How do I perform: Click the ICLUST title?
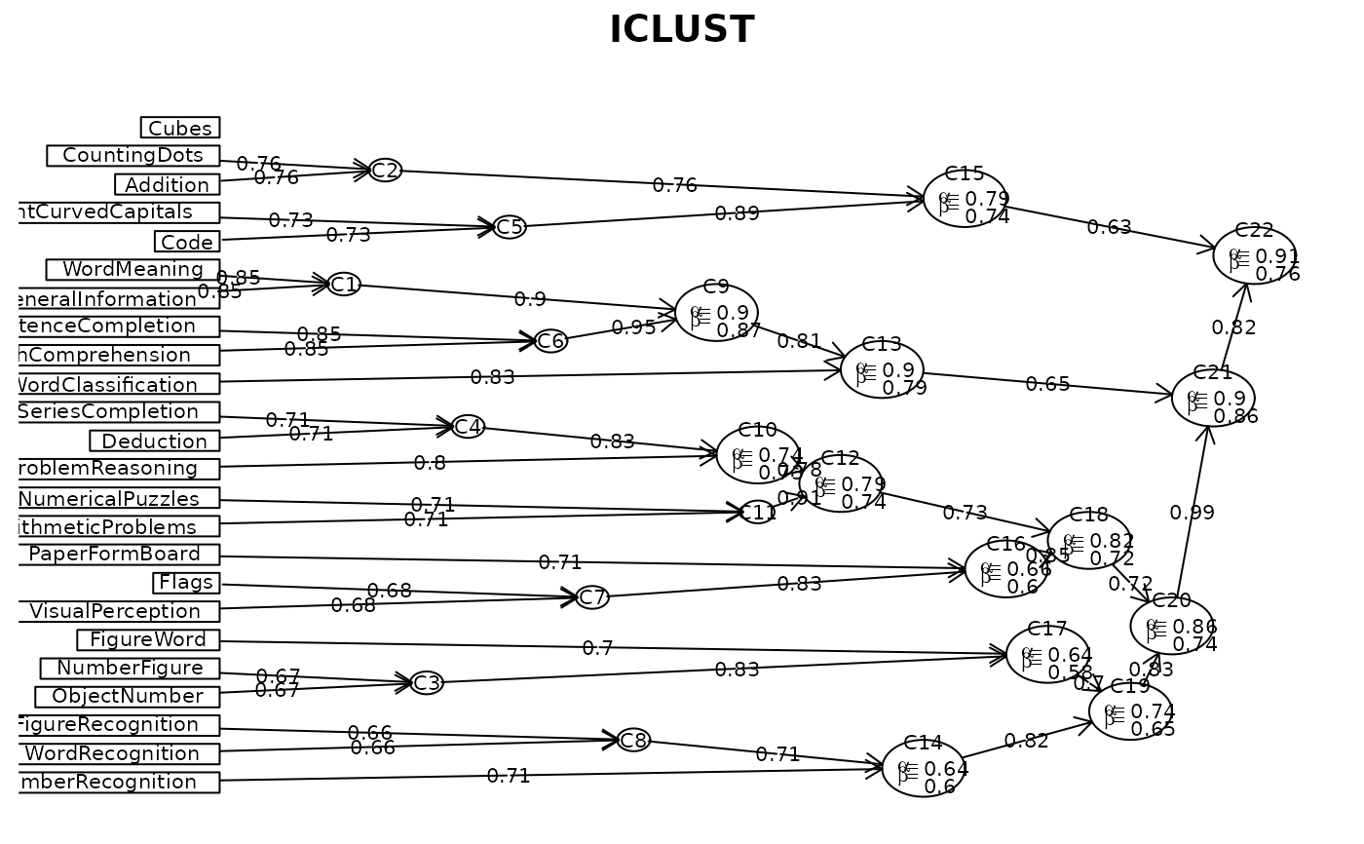coord(681,30)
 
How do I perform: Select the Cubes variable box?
coord(180,128)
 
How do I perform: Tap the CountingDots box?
coord(133,156)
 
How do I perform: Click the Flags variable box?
coord(186,583)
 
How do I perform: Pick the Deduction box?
coord(154,441)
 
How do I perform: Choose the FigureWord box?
coord(148,640)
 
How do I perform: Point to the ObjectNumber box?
coord(127,697)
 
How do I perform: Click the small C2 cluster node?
coord(385,171)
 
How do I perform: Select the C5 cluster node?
coord(510,227)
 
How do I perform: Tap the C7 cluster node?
coord(592,597)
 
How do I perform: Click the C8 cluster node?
coord(633,741)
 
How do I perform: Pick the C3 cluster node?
coord(427,683)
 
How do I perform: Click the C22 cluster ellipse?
coord(1254,255)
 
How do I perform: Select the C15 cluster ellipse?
coord(965,199)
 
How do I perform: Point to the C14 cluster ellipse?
coord(923,768)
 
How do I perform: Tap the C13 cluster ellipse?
coord(882,370)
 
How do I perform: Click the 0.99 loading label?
coord(1192,513)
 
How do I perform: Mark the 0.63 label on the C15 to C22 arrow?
coord(1109,227)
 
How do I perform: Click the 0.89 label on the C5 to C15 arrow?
coord(738,213)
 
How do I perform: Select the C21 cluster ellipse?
coord(1213,398)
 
